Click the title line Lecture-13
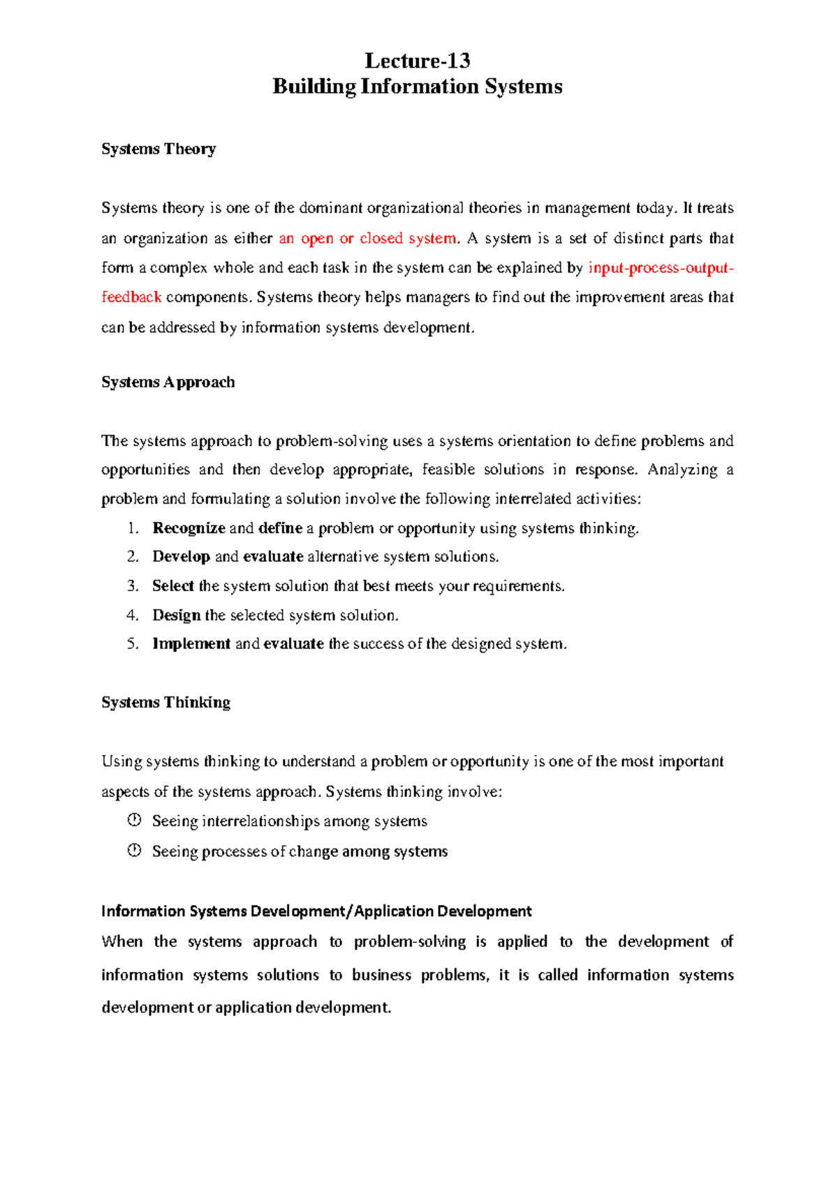(418, 61)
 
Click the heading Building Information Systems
(418, 87)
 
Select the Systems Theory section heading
(159, 149)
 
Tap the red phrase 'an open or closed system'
(367, 239)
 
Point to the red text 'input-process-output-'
(661, 268)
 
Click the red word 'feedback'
(131, 297)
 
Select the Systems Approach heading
(168, 382)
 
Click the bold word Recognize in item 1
(189, 528)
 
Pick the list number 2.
(133, 557)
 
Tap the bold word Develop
(181, 557)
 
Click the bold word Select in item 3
(172, 586)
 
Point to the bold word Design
(176, 616)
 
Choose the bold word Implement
(191, 644)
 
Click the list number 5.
(133, 644)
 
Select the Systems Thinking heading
(166, 703)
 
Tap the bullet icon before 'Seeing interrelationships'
(135, 820)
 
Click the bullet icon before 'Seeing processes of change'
(135, 850)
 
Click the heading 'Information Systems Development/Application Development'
(316, 911)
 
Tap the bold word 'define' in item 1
(280, 528)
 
